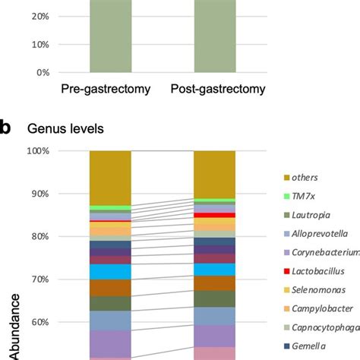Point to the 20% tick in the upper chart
(40, 15)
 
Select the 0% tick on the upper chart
(43, 73)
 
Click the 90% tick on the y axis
(40, 194)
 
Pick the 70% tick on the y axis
(40, 279)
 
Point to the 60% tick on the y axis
(40, 322)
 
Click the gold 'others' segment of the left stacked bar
(110, 178)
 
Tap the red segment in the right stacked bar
(215, 216)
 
